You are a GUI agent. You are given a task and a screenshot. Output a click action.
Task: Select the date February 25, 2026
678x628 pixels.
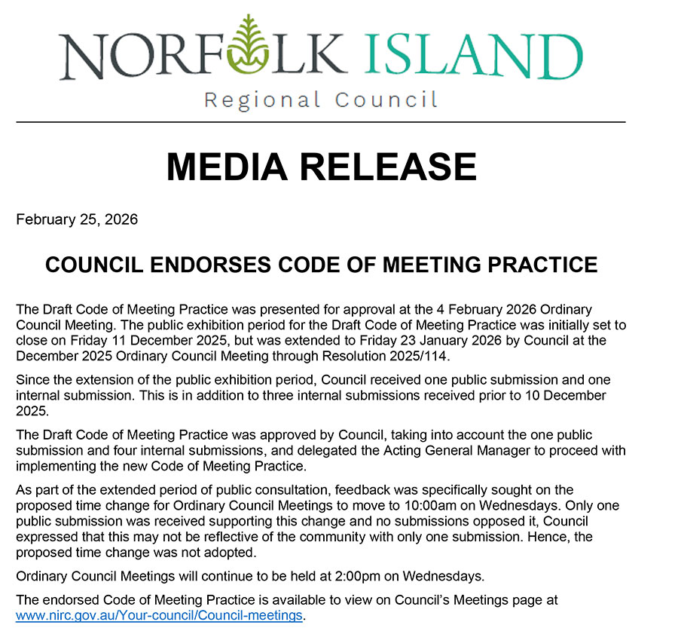click(77, 220)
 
